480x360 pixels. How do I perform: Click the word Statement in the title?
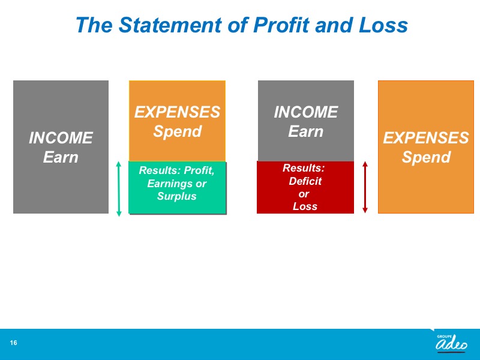point(170,25)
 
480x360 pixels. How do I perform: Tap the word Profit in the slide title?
point(281,25)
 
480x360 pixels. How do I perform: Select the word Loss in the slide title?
point(383,25)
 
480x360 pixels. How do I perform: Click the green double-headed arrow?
point(119,189)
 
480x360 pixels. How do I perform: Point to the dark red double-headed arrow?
point(365,187)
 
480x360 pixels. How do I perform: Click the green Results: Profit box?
point(177,187)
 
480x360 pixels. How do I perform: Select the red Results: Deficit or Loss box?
point(305,187)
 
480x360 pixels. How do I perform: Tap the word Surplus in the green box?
point(176,196)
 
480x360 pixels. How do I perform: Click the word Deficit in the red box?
point(305,181)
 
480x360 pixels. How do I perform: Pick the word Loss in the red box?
point(305,206)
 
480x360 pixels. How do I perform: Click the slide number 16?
point(13,343)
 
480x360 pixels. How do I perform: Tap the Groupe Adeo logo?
point(451,343)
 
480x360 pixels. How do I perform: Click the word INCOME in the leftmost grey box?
point(61,138)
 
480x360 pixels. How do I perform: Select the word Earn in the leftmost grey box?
point(61,157)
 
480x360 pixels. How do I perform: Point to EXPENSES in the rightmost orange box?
point(426,138)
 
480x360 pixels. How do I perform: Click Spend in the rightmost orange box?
point(426,157)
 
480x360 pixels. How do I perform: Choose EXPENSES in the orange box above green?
point(177,112)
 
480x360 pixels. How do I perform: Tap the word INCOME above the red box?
point(306,112)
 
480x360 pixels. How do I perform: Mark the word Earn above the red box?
point(305,131)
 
